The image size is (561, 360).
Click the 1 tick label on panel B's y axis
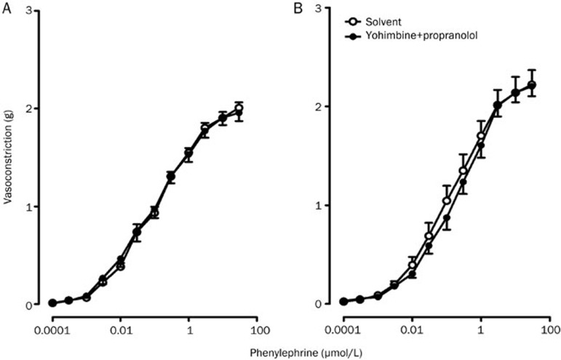[318, 205]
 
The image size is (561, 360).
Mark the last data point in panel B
[532, 85]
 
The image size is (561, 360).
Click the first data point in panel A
[52, 303]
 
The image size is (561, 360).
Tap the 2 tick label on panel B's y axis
[318, 106]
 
